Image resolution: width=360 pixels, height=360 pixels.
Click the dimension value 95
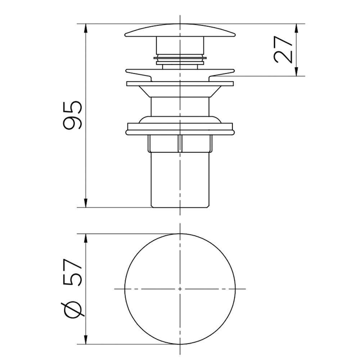pos(72,115)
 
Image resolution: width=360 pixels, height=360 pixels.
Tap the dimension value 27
pos(283,50)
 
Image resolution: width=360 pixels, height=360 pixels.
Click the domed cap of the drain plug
pos(180,30)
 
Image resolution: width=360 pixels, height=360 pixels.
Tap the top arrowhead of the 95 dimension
pos(86,28)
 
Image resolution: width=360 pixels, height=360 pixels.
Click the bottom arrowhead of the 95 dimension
pos(86,202)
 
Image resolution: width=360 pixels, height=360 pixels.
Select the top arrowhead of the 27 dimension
pos(296,28)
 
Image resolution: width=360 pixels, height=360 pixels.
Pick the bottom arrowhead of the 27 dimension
pos(296,71)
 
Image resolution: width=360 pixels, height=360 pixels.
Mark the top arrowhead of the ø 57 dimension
pos(86,239)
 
